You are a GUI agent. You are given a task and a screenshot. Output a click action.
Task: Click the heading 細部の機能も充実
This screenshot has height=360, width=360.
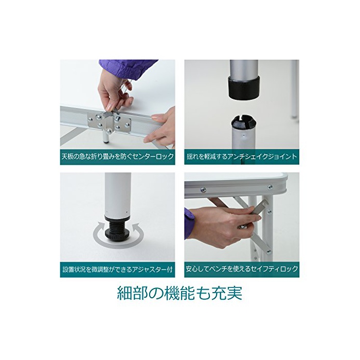pyautogui.click(x=179, y=293)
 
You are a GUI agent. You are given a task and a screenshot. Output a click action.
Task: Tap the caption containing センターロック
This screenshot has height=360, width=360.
pyautogui.click(x=118, y=156)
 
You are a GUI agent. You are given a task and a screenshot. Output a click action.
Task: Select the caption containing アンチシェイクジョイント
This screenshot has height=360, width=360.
pyautogui.click(x=242, y=156)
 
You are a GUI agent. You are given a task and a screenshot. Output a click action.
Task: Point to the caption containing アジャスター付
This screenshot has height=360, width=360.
pyautogui.click(x=118, y=269)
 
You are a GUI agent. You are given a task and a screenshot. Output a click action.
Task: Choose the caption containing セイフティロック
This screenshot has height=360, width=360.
pyautogui.click(x=242, y=269)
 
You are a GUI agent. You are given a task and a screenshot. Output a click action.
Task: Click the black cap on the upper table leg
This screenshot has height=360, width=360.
pyautogui.click(x=244, y=87)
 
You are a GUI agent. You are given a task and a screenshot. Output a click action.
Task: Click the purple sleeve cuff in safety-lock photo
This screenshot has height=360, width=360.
pyautogui.click(x=189, y=223)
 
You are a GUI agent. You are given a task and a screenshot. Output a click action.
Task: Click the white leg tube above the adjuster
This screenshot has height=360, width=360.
pyautogui.click(x=118, y=194)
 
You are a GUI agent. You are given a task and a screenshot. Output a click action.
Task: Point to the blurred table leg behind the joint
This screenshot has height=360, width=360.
pyautogui.click(x=295, y=89)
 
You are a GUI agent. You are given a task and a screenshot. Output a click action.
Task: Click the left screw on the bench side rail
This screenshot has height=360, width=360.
pyautogui.click(x=203, y=190)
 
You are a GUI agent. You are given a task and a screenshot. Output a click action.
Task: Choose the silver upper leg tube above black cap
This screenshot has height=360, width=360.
pyautogui.click(x=244, y=68)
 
